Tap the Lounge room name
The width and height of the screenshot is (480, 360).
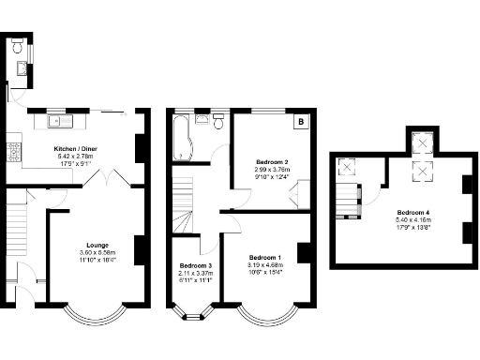point(97,245)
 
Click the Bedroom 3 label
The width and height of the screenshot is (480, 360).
point(197,266)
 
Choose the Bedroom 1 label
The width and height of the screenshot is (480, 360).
point(265,257)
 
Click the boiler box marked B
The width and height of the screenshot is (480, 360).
point(300,122)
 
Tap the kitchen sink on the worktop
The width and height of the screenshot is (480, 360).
point(58,120)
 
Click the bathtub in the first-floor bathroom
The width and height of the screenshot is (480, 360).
point(180,138)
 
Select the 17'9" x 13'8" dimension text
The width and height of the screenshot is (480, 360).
point(412,226)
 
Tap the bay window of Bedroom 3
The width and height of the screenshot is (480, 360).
point(195,315)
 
